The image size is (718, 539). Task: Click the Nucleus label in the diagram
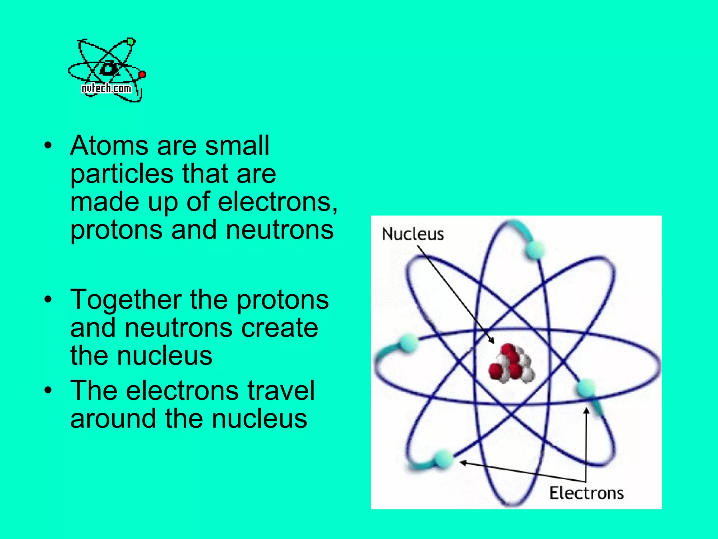coord(413,234)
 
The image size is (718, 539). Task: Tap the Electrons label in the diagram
coord(586,493)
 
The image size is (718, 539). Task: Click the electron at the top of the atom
coord(534,250)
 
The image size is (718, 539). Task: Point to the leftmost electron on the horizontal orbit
coord(408,342)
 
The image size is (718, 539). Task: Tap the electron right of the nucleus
coord(585,388)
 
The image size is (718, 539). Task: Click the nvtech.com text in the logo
coord(106,88)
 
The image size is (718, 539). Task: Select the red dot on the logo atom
coord(142,74)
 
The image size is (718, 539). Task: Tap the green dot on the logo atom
coord(131,42)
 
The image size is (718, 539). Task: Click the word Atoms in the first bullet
coord(109,145)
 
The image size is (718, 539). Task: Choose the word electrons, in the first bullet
coord(277,202)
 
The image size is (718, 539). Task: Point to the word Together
coord(126,300)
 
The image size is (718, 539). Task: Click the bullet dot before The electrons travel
coord(48,390)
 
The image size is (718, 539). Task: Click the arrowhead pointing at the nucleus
coord(492,341)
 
